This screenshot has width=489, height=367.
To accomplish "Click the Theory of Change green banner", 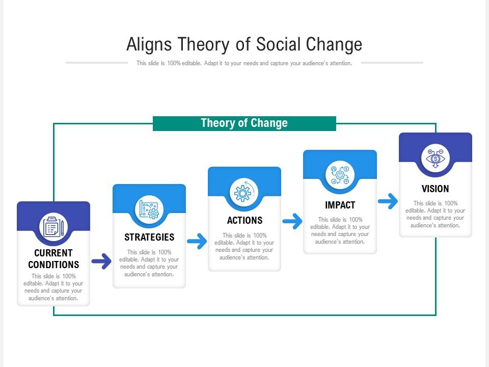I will coord(244,123).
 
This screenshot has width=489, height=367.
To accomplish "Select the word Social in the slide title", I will coord(279,45).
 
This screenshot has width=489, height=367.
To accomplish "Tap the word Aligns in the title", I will coord(149,45).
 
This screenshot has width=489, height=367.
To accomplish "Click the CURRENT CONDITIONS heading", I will coord(53,259).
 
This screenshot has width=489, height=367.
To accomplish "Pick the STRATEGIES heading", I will coord(149,237).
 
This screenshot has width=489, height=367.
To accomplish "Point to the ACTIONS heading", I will coord(244,220).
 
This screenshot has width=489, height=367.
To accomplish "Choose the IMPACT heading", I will coord(340,205).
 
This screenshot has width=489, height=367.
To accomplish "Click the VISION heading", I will coord(435,189).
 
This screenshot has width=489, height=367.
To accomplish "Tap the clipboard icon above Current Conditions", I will coord(53,227).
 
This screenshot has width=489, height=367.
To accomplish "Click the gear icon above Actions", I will coord(244,193).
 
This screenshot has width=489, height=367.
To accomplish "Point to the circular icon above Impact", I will coord(340,175).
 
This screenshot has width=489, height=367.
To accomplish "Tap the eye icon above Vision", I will coord(436,158).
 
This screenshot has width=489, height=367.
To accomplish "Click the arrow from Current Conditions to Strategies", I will coord(101,261).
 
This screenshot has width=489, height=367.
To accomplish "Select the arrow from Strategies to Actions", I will coord(197,242).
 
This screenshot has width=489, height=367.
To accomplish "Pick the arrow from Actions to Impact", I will coord(292,222).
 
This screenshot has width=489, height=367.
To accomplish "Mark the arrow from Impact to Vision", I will coord(388,201).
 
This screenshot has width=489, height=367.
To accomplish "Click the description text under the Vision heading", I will coord(435,214).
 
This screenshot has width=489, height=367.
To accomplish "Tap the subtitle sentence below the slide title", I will coord(244,64).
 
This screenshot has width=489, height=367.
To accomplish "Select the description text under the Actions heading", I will coord(244,246).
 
